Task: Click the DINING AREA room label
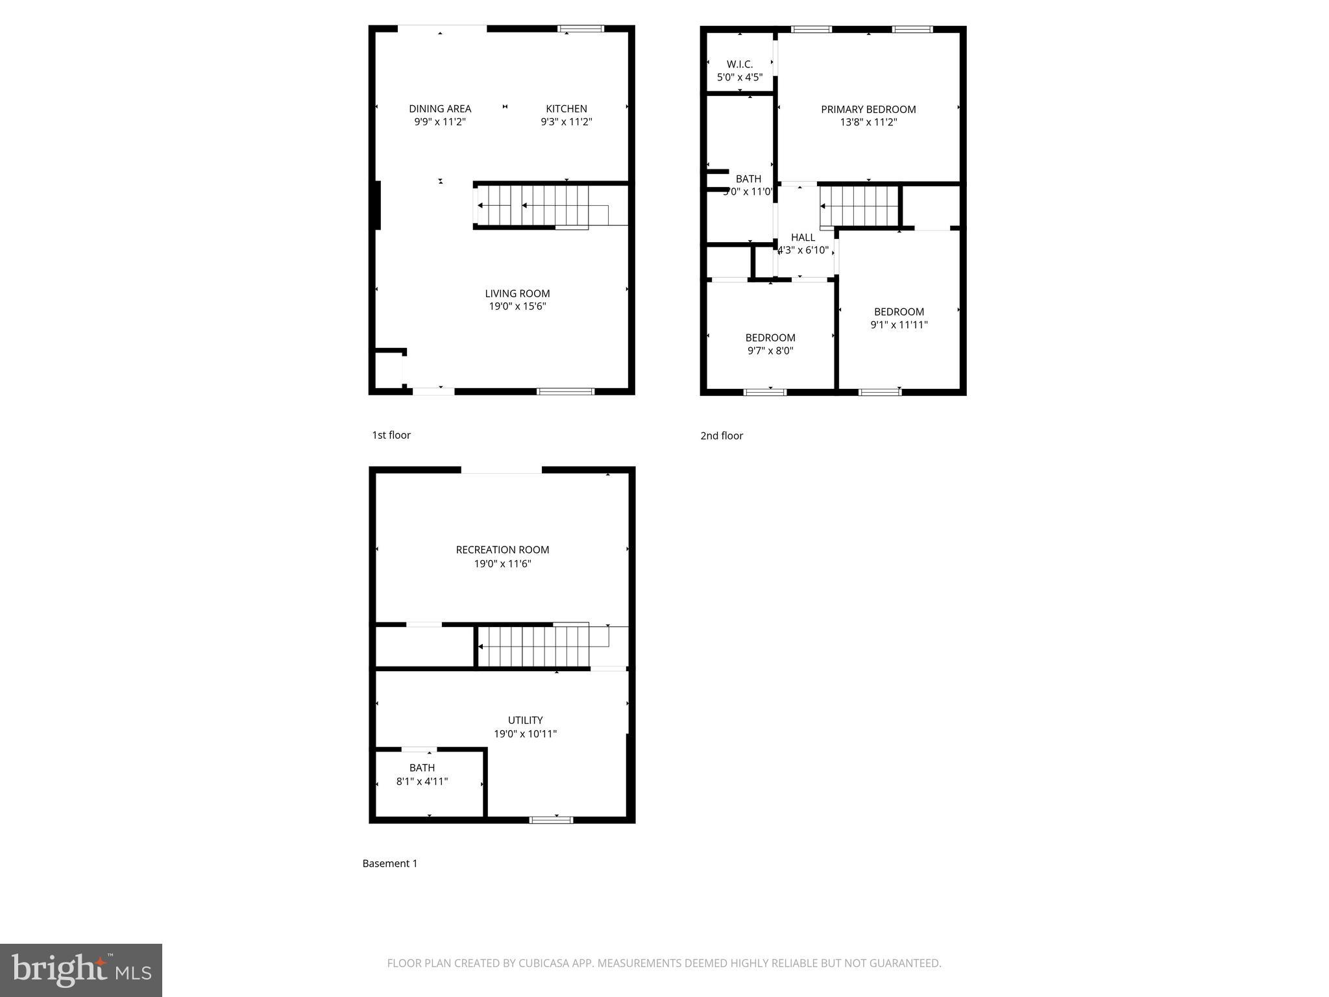pyautogui.click(x=440, y=108)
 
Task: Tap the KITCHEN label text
pyautogui.click(x=566, y=108)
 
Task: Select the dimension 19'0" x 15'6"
pyautogui.click(x=517, y=306)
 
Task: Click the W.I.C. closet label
pyautogui.click(x=739, y=64)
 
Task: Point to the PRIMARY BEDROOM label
pyautogui.click(x=868, y=109)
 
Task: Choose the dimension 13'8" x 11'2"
pyautogui.click(x=868, y=122)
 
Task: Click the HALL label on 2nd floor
pyautogui.click(x=803, y=238)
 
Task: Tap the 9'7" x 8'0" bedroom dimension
pyautogui.click(x=770, y=351)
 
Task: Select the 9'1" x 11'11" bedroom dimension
pyautogui.click(x=899, y=325)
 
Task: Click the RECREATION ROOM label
pyautogui.click(x=502, y=550)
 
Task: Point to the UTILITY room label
pyautogui.click(x=525, y=720)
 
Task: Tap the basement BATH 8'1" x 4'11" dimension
pyautogui.click(x=422, y=782)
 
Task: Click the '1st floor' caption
pyautogui.click(x=391, y=435)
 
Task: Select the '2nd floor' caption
pyautogui.click(x=721, y=436)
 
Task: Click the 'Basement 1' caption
pyautogui.click(x=389, y=863)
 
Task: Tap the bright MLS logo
pyautogui.click(x=81, y=970)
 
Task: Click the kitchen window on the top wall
pyautogui.click(x=581, y=29)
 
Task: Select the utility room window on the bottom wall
pyautogui.click(x=551, y=820)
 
